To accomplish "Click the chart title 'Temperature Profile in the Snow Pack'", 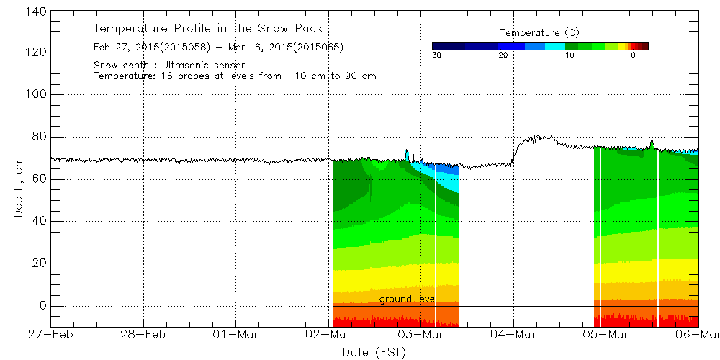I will click(x=207, y=29).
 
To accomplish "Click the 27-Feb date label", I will click(x=50, y=335).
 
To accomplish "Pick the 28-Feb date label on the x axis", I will click(x=143, y=335).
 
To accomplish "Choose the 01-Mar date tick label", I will click(x=236, y=335).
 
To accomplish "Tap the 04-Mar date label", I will click(x=513, y=335).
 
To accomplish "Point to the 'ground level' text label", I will click(x=408, y=299).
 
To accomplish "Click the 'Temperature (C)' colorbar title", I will click(x=539, y=32).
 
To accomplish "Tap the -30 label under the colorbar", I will click(x=433, y=55).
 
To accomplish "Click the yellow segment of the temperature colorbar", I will click(x=617, y=46).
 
